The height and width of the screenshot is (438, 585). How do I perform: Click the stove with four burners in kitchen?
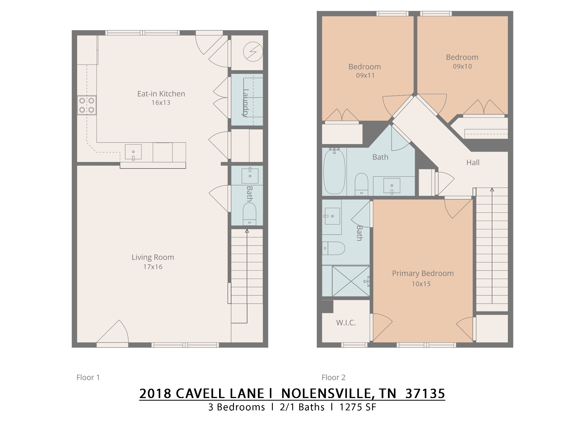tap(87, 105)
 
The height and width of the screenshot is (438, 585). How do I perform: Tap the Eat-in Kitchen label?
tap(161, 94)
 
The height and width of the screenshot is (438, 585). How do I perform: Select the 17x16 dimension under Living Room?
tap(153, 267)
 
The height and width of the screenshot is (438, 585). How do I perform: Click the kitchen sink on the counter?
tap(133, 152)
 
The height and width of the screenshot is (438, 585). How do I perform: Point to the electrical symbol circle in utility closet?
tap(253, 52)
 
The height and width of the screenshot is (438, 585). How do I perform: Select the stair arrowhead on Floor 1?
tap(247, 231)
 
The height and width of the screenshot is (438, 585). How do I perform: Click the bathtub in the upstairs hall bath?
tap(334, 172)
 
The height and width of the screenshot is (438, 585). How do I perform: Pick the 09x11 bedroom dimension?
tap(365, 76)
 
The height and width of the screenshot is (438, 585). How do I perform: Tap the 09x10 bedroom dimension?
tap(462, 66)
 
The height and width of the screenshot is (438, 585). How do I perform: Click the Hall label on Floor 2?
tap(473, 163)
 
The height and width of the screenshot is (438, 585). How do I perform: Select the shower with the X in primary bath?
tap(351, 281)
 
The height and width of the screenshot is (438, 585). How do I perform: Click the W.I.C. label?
tap(346, 323)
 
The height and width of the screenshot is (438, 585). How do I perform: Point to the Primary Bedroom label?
tap(423, 273)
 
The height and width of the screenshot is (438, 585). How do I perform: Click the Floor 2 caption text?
tap(333, 378)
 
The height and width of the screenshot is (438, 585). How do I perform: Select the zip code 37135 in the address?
tap(425, 394)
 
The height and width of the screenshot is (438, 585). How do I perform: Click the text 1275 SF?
tap(358, 407)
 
